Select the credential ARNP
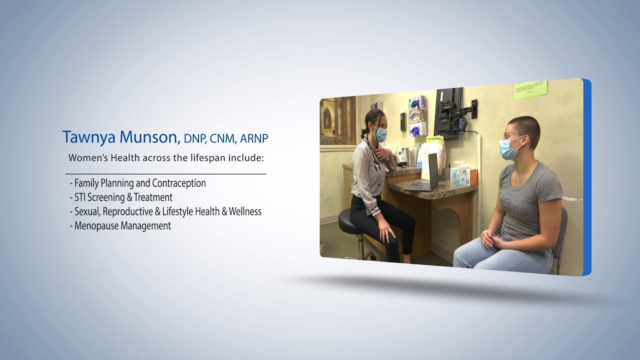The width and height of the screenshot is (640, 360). pos(254,138)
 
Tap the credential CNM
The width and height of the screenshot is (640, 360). pos(223,138)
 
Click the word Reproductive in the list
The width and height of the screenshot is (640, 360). pos(128,211)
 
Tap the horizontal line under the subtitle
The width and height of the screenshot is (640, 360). pos(165,174)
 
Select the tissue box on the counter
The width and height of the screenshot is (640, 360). pos(463,175)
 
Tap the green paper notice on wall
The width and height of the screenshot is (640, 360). pos(530,90)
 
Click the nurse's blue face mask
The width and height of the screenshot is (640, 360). pos(381,134)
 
